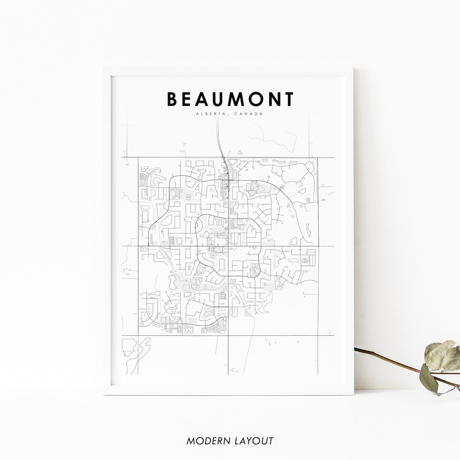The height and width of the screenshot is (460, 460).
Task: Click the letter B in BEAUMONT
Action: (172, 99)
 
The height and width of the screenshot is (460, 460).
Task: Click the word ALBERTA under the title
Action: (209, 114)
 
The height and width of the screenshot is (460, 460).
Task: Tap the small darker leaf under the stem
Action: (429, 378)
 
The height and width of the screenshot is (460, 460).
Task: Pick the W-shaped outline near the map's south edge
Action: (189, 329)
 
